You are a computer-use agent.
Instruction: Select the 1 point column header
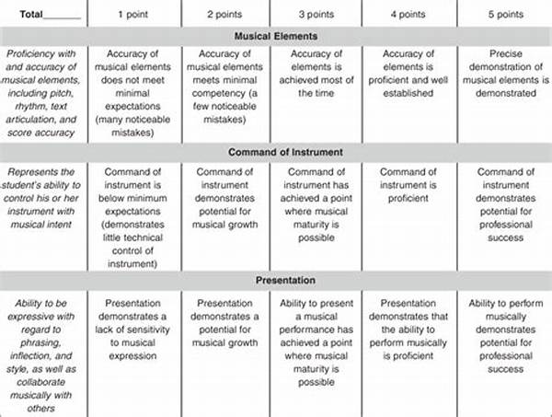pos(135,15)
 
